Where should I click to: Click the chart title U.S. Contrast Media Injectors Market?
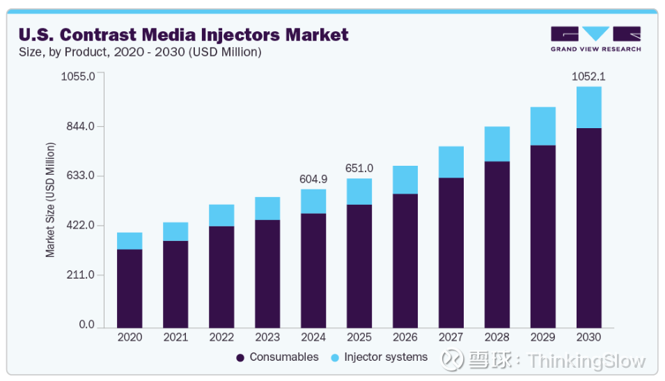point(183,33)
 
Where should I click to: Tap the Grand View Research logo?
point(595,38)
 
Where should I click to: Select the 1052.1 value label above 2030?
point(589,77)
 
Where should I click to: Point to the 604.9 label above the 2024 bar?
point(313,179)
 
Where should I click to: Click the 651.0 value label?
point(359,169)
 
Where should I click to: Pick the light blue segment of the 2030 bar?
point(589,107)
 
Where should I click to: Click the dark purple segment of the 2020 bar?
point(130,288)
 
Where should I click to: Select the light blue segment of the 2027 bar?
point(451,162)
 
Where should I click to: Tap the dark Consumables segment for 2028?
point(497,244)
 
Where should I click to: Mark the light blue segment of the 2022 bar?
point(221,215)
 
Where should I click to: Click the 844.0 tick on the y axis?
point(81,126)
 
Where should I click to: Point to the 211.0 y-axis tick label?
point(81,275)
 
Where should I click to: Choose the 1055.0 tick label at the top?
point(78,76)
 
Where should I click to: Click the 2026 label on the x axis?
point(405,337)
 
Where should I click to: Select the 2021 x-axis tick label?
point(175,337)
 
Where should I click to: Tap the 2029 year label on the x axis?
point(543,337)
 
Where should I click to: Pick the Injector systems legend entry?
point(380,357)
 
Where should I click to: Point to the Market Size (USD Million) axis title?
point(50,200)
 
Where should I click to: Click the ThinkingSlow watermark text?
point(586,361)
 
